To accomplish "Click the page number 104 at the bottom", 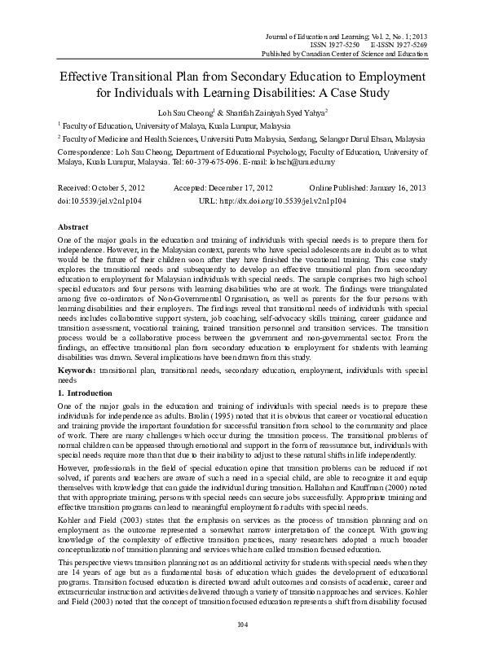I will click(242, 647).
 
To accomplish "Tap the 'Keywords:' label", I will click(77, 370).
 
